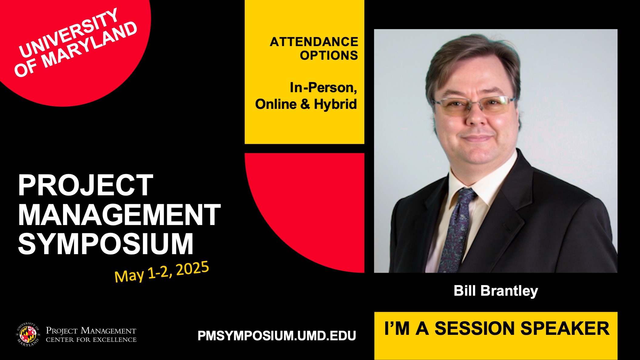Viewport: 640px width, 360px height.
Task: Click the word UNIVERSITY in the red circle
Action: point(69,33)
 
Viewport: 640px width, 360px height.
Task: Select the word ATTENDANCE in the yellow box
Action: point(314,42)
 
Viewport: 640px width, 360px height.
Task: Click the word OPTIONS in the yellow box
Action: point(329,56)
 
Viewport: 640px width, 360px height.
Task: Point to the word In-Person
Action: point(323,88)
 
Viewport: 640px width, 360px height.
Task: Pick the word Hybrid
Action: point(335,104)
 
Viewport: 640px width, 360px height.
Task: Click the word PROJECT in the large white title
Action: point(86,185)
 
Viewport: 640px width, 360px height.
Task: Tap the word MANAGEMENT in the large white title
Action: point(119,215)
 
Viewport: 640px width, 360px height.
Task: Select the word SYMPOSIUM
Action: point(106,244)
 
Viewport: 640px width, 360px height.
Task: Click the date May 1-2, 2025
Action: point(162,272)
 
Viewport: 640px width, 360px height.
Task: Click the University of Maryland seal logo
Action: point(28,335)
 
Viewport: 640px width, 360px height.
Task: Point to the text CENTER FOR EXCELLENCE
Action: point(91,340)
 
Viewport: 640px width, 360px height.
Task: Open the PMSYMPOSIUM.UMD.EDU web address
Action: point(277,336)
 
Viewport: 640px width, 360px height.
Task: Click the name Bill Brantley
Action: point(496,291)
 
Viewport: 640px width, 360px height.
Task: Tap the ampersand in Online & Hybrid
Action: point(305,104)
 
